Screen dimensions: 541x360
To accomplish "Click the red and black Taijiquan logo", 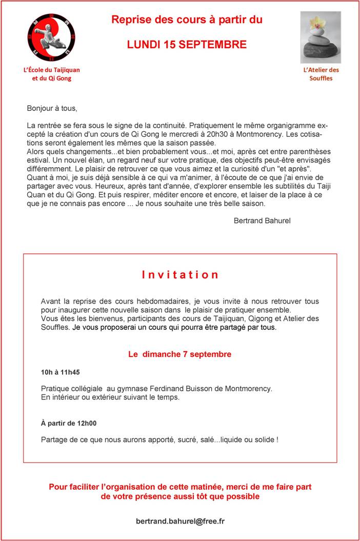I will pyautogui.click(x=51, y=37).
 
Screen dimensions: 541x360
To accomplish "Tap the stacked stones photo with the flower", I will pyautogui.click(x=320, y=37).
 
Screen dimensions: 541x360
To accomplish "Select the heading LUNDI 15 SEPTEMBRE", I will pyautogui.click(x=187, y=45).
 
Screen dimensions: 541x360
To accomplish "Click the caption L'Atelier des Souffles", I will pyautogui.click(x=321, y=74).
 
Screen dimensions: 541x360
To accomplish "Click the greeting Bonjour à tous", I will pyautogui.click(x=52, y=108).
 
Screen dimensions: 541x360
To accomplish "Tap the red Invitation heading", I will pyautogui.click(x=180, y=274).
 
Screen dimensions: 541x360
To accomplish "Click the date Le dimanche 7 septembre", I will pyautogui.click(x=179, y=354).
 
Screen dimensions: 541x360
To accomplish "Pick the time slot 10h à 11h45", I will pyautogui.click(x=61, y=372).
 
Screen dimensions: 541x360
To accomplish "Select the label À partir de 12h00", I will pyautogui.click(x=69, y=423).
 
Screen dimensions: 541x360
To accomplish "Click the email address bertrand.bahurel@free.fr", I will pyautogui.click(x=180, y=521).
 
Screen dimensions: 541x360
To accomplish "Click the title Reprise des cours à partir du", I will pyautogui.click(x=187, y=20).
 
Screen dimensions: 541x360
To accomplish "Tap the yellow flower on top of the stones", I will pyautogui.click(x=318, y=23).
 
